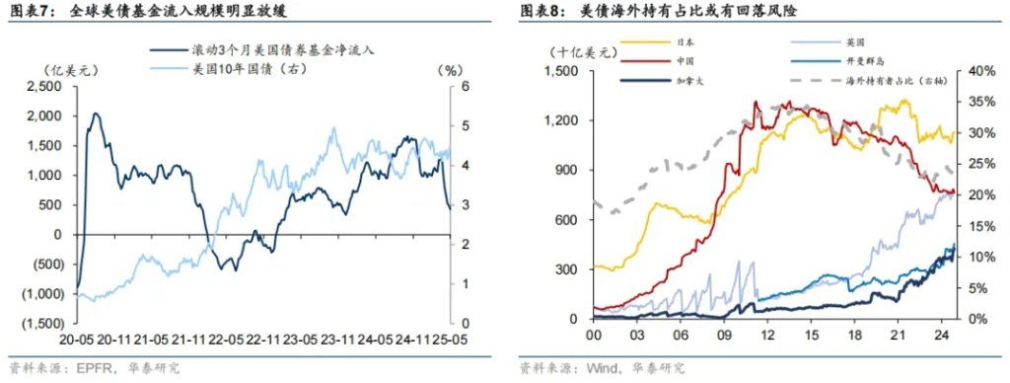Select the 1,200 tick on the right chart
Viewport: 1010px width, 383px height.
click(x=561, y=120)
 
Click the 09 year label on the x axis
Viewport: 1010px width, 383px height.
click(x=724, y=336)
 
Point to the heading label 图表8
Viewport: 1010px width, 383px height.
click(x=539, y=12)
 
